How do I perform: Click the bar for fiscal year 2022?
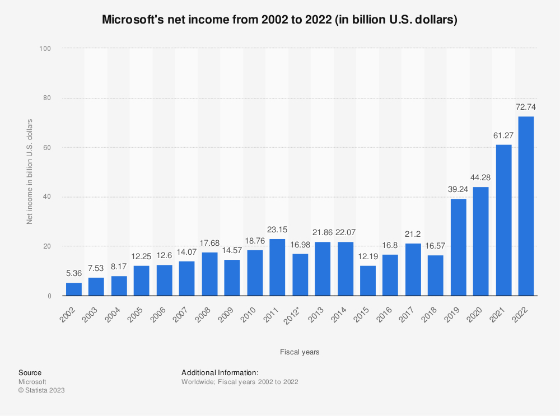click(526, 206)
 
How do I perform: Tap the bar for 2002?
click(74, 289)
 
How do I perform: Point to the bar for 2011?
click(277, 267)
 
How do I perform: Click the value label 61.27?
click(503, 135)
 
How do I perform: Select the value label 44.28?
click(480, 177)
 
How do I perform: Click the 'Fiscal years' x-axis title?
click(300, 352)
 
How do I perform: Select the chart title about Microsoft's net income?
click(280, 20)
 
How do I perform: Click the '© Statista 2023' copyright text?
click(41, 390)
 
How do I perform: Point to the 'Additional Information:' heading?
click(220, 372)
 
